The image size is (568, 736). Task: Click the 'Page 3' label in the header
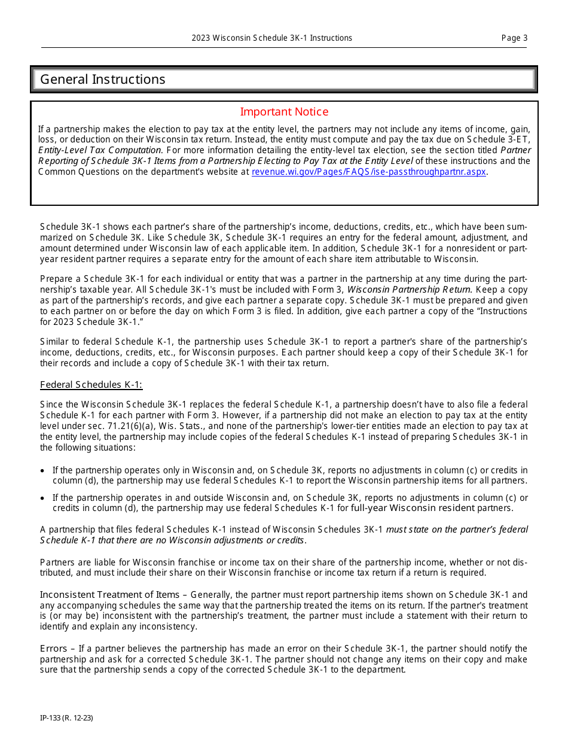click(x=514, y=38)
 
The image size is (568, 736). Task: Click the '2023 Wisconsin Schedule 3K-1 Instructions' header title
click(x=272, y=38)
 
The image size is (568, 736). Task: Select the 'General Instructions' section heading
click(x=103, y=80)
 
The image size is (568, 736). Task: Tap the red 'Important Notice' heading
click(x=284, y=112)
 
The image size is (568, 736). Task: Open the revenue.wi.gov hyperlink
click(x=369, y=172)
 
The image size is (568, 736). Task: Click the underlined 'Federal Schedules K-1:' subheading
click(x=91, y=385)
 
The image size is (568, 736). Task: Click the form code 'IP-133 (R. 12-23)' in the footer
click(x=66, y=717)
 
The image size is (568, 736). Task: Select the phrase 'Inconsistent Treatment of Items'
click(x=109, y=595)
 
